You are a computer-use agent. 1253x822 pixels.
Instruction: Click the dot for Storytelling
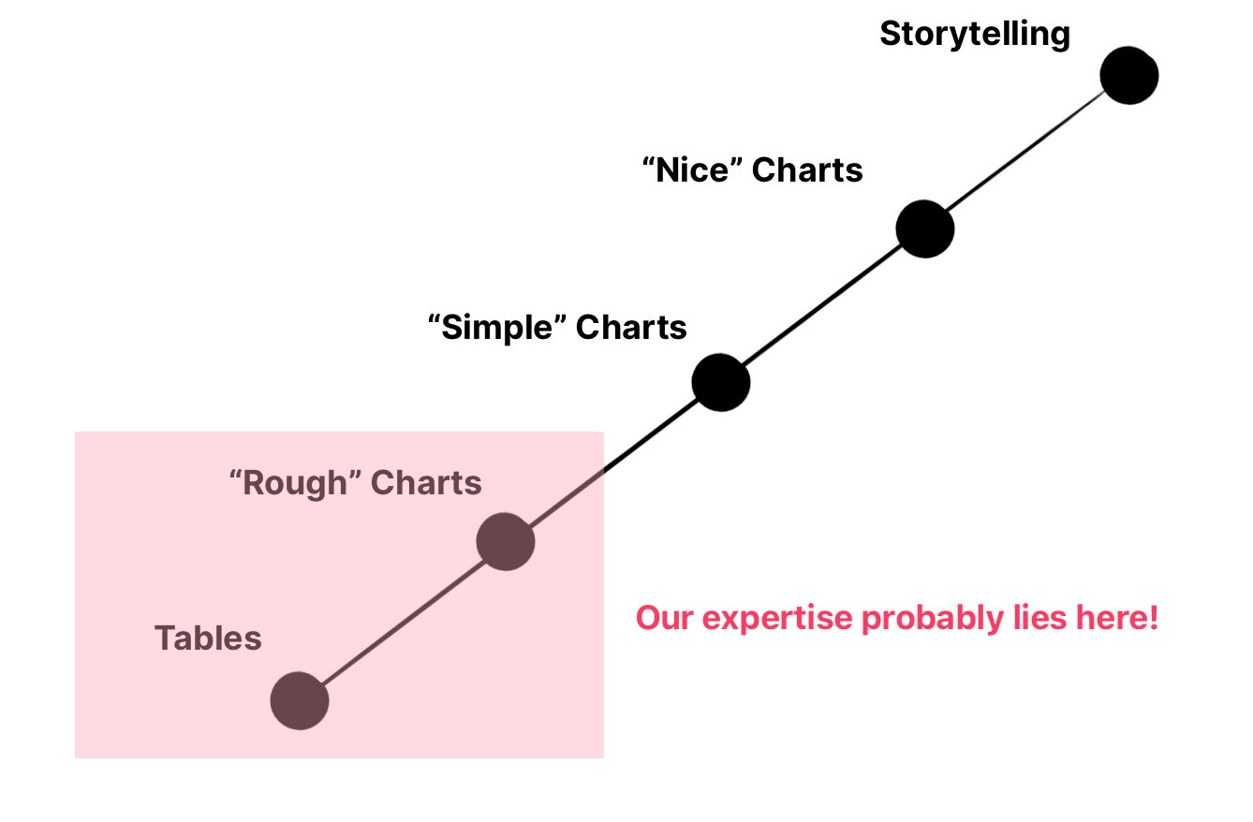pyautogui.click(x=1128, y=76)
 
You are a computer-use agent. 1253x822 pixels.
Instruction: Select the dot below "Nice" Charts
pyautogui.click(x=924, y=228)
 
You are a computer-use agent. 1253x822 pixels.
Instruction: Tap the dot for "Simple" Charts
pyautogui.click(x=720, y=383)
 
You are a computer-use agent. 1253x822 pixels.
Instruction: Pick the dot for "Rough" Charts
pyautogui.click(x=506, y=541)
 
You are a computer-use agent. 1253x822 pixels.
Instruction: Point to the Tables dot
pyautogui.click(x=300, y=700)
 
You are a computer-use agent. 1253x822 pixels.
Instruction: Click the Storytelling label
pyautogui.click(x=975, y=34)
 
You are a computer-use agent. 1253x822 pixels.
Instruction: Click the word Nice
pyautogui.click(x=692, y=169)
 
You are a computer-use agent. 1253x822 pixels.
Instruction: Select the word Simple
pyautogui.click(x=496, y=328)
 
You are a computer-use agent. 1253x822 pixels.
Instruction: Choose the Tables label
pyautogui.click(x=208, y=638)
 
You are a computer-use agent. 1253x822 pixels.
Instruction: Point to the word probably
pyautogui.click(x=933, y=619)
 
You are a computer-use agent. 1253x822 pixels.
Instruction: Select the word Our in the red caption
pyautogui.click(x=665, y=618)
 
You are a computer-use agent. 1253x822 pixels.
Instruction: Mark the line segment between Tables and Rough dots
pyautogui.click(x=403, y=621)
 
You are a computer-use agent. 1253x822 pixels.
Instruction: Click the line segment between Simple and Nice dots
pyautogui.click(x=823, y=305)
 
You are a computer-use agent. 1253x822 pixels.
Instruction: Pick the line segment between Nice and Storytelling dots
pyautogui.click(x=1027, y=152)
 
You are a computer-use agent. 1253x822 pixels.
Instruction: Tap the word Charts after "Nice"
pyautogui.click(x=807, y=169)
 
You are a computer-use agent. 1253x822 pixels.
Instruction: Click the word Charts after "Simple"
pyautogui.click(x=631, y=327)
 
